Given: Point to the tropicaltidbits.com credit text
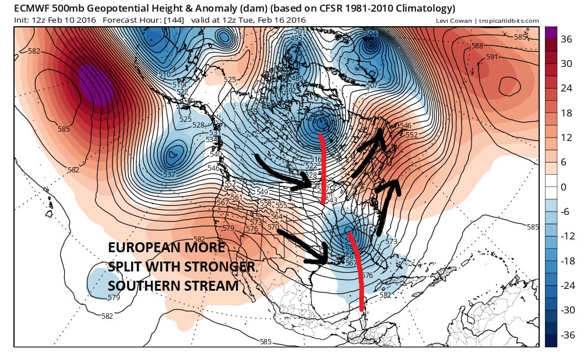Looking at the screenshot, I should tap(511, 21).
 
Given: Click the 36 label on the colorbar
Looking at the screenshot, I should tap(565, 40).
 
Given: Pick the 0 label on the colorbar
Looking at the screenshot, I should tap(562, 187).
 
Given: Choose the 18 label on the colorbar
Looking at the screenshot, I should tap(565, 113).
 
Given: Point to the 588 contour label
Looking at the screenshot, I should tap(477, 46).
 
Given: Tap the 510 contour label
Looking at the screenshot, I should tap(165, 75).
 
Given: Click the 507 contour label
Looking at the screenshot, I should tap(372, 86).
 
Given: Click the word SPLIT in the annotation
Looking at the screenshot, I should tap(126, 267).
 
